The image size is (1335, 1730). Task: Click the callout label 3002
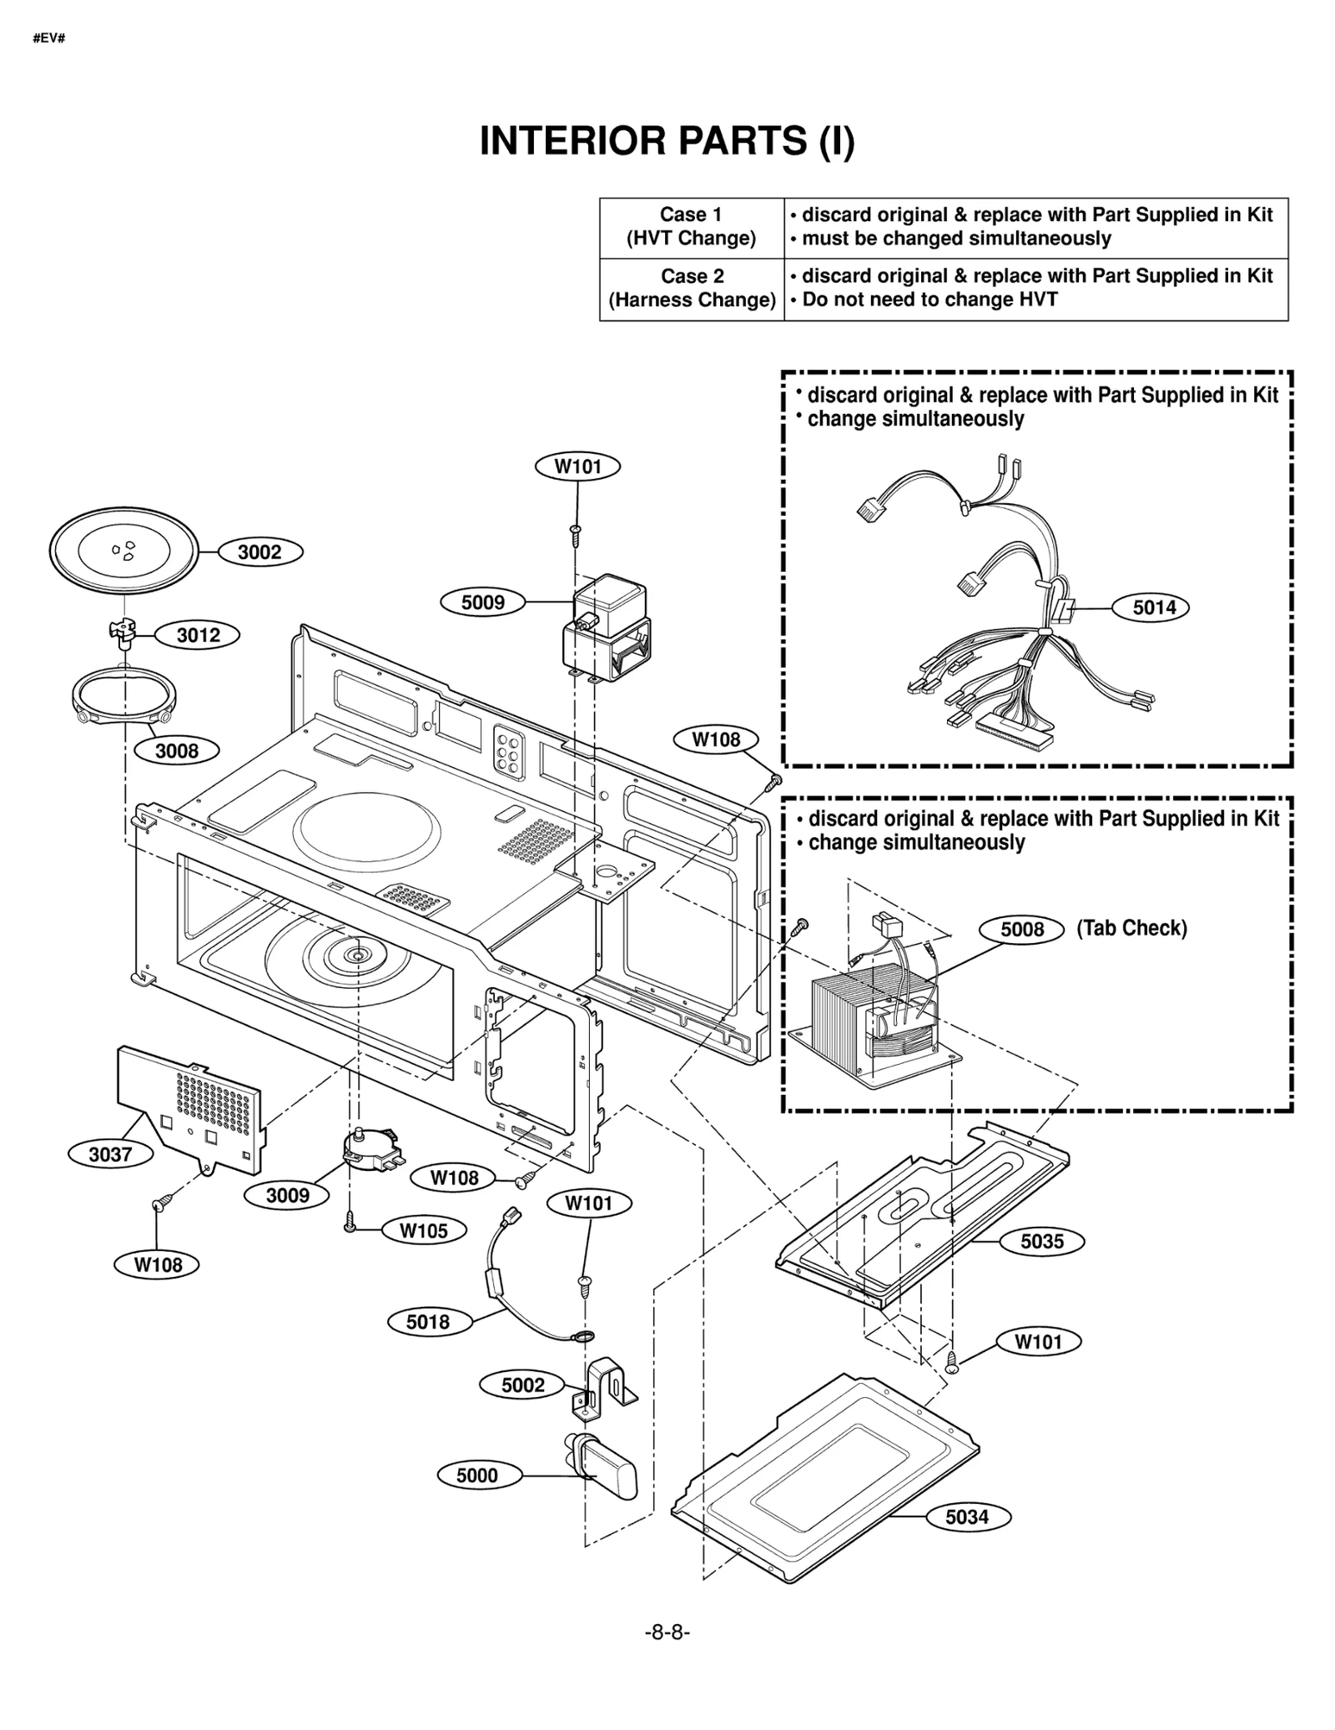[259, 552]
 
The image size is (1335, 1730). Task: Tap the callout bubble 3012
[199, 635]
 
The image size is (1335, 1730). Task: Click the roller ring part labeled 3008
[124, 696]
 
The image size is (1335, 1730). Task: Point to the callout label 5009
[482, 602]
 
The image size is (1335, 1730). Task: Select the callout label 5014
[1154, 608]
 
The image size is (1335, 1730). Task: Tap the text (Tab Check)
[1131, 928]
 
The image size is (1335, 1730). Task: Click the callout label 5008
[1022, 929]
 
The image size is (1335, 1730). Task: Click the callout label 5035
[1042, 1241]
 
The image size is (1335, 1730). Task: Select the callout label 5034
[967, 1516]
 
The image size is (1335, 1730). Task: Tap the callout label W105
[424, 1230]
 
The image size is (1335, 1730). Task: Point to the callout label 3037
[110, 1154]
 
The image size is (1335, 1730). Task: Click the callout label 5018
[428, 1321]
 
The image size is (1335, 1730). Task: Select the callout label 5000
[477, 1475]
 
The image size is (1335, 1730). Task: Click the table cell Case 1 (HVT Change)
[691, 227]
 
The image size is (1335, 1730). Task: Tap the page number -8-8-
[667, 1632]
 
